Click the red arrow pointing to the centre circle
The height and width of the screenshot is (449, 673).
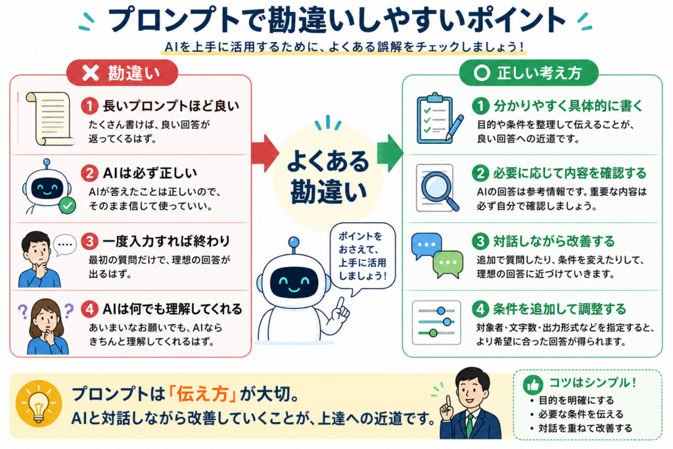point(266,153)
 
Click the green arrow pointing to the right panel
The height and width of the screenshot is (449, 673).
point(390,153)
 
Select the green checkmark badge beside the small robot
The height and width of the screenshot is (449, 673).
point(67,205)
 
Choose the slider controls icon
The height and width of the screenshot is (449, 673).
point(436,322)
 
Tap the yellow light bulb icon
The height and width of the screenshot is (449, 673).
point(39,404)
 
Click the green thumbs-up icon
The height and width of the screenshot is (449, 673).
point(533,385)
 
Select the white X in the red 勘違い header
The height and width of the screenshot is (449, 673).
point(90,73)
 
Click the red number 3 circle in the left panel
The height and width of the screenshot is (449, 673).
point(89,241)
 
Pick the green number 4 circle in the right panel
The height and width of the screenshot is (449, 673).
point(480,309)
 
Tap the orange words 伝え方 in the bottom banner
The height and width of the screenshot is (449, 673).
point(202,394)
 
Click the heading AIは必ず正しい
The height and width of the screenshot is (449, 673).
point(150,173)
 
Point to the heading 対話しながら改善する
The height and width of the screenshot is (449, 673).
point(554,241)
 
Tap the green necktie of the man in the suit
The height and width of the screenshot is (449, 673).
point(469,424)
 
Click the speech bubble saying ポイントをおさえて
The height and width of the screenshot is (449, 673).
point(362,256)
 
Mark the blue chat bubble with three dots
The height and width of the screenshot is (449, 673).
point(426,245)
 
